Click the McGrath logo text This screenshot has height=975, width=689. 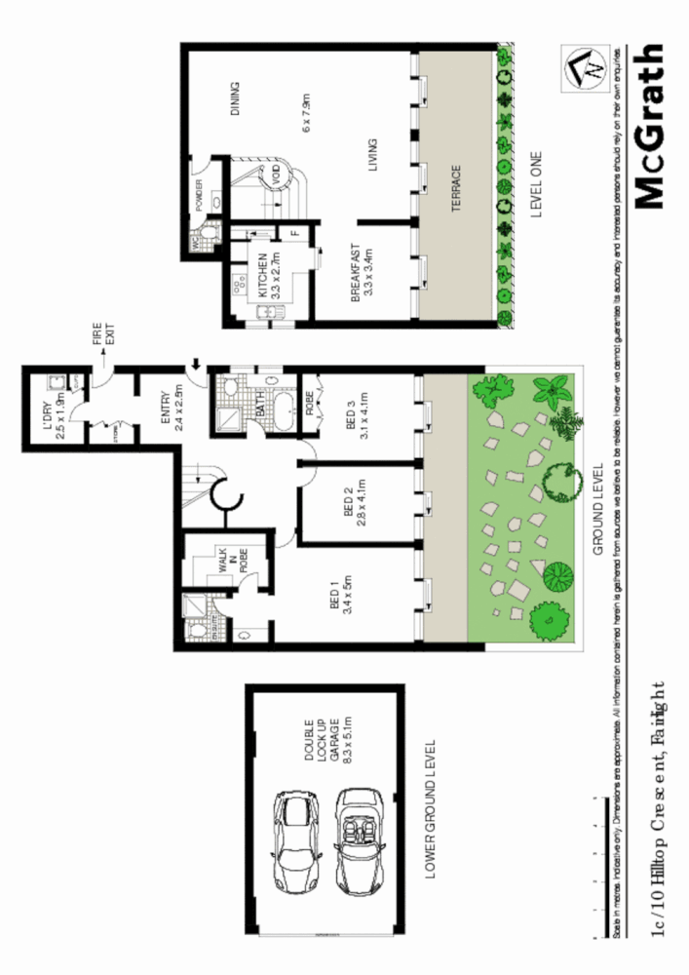[x=650, y=127]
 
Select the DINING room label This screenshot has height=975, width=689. [x=235, y=98]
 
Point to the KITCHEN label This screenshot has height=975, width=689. [x=263, y=274]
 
